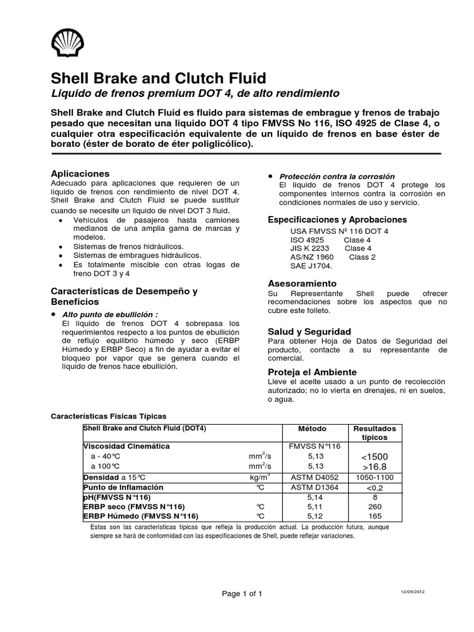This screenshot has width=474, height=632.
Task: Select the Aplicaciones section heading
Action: (80, 173)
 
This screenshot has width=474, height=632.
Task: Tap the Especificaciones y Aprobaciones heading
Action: (337, 220)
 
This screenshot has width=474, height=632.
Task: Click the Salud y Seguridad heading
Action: (309, 331)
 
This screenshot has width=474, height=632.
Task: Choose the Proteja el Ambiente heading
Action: (312, 372)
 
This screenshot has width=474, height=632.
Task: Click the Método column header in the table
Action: (312, 429)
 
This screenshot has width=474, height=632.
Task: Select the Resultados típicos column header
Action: (375, 433)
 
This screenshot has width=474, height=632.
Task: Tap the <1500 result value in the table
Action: (375, 456)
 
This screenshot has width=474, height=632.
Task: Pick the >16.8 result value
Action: (375, 467)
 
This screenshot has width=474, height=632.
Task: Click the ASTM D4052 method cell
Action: (312, 478)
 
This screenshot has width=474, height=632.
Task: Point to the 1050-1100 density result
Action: (375, 478)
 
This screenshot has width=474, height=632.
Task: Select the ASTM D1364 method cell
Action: (312, 487)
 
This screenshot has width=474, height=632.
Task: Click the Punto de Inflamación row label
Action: (120, 487)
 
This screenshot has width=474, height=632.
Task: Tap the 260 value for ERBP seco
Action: (375, 506)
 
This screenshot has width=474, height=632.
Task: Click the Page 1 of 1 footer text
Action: (242, 594)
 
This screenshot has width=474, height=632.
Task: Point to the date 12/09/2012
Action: (412, 591)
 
